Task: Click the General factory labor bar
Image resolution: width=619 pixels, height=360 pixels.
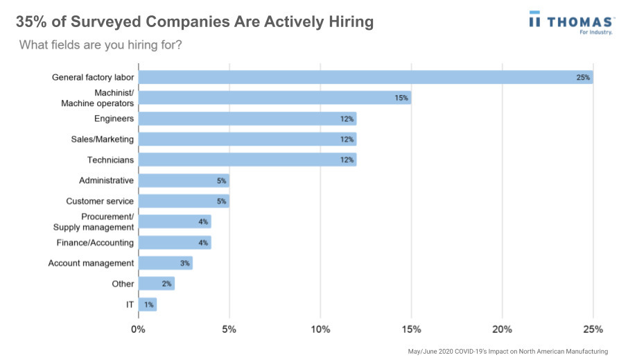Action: (x=365, y=77)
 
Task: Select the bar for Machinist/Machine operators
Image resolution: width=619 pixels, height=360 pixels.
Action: (x=274, y=98)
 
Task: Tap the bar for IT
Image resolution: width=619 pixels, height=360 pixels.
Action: (x=148, y=305)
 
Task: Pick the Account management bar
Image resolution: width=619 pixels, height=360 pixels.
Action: (x=166, y=263)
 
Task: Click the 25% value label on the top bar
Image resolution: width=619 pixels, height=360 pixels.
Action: (x=583, y=78)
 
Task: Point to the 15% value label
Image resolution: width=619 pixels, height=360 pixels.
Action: (x=401, y=98)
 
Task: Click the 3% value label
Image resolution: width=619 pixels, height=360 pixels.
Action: (x=184, y=264)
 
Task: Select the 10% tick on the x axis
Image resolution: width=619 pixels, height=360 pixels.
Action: (x=320, y=329)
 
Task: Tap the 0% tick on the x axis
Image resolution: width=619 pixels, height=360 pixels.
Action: (x=139, y=329)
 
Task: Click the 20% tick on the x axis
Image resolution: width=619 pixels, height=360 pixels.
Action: (x=502, y=329)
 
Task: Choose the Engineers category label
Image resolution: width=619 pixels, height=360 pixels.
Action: (x=114, y=119)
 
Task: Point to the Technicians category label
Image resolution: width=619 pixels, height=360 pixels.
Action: (x=110, y=160)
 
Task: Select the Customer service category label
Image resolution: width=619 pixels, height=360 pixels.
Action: (x=100, y=201)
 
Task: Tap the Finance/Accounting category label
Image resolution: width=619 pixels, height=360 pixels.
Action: (x=95, y=243)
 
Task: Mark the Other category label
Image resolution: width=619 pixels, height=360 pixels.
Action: (x=123, y=284)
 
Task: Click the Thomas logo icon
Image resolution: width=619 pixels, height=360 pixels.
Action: (x=535, y=21)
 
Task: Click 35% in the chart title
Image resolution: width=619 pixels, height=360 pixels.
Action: (x=32, y=22)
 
